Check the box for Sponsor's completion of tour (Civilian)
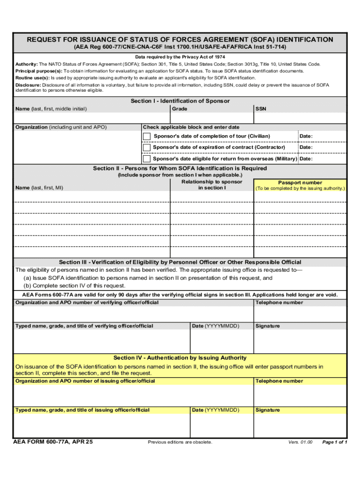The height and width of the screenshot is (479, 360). click(x=147, y=136)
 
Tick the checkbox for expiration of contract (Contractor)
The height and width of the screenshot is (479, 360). click(x=147, y=147)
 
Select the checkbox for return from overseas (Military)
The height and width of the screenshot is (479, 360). click(x=147, y=159)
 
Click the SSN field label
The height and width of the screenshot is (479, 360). click(x=260, y=109)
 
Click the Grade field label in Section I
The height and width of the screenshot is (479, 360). click(x=180, y=109)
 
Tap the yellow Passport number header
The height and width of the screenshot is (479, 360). click(x=300, y=182)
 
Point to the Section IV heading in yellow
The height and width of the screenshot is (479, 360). click(x=180, y=358)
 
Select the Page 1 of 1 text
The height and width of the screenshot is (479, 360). click(x=335, y=442)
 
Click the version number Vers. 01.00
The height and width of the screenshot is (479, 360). click(x=300, y=442)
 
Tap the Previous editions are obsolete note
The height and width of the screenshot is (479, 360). click(x=180, y=442)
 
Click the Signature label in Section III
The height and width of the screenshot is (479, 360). click(x=267, y=326)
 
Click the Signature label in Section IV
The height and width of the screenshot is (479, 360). click(x=267, y=410)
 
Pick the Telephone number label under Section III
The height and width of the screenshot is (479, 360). click(x=279, y=303)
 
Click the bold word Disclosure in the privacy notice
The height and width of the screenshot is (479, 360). click(x=28, y=85)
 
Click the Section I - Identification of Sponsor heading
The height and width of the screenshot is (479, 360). click(x=180, y=101)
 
